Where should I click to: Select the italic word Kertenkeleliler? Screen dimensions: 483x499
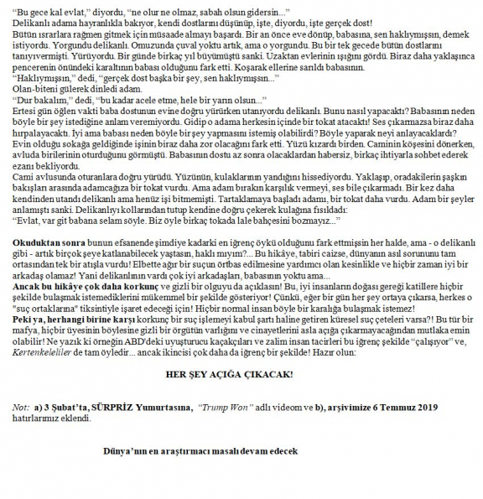[33, 352]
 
